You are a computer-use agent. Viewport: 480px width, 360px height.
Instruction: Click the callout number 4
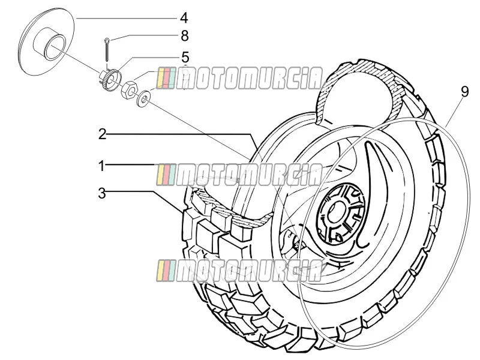(184, 18)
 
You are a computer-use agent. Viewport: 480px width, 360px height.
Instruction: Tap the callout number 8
(185, 36)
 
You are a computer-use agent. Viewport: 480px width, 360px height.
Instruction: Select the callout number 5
(185, 57)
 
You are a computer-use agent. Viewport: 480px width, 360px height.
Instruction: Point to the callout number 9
(464, 92)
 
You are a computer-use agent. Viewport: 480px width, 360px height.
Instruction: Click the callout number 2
(103, 134)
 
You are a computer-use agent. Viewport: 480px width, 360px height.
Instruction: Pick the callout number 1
(101, 166)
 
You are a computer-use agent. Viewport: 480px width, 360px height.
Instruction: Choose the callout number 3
(102, 193)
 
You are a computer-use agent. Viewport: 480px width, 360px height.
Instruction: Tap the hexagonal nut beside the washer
(130, 89)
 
